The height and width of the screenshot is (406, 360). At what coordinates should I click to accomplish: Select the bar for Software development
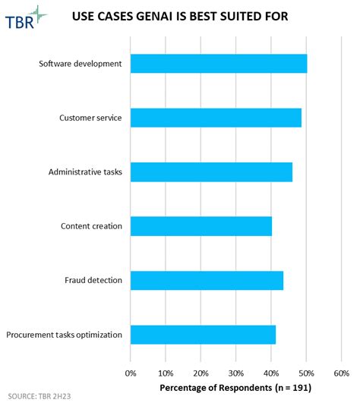(219, 64)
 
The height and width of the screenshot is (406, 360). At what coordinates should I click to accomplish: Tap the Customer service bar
(216, 118)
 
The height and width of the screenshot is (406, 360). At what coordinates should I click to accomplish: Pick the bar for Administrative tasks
(211, 172)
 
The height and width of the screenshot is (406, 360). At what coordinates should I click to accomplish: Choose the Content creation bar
(201, 226)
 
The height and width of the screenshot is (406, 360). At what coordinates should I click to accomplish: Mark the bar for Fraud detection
(207, 280)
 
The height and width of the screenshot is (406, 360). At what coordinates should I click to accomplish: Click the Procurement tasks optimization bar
(203, 335)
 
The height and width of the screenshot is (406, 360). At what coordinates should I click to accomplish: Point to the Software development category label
(81, 64)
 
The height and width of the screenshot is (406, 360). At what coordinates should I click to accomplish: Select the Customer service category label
(90, 118)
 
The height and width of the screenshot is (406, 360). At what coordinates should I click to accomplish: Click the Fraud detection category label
(93, 280)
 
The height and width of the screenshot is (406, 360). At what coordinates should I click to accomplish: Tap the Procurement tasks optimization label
(64, 335)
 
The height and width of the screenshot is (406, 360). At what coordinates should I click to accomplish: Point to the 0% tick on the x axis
(131, 373)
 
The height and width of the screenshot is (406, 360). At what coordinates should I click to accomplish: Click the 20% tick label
(201, 373)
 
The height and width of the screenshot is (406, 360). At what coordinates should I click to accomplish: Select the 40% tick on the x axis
(271, 373)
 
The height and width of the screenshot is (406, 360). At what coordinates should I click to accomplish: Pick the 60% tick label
(341, 373)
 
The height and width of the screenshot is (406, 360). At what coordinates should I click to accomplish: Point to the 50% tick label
(306, 373)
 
